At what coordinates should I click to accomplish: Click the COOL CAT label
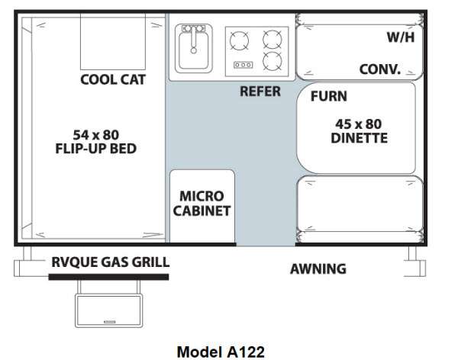tap(113, 79)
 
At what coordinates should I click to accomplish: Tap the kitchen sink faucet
tap(193, 40)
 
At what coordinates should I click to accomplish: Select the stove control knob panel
tap(243, 65)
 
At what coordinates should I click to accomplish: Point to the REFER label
tap(260, 92)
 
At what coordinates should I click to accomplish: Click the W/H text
tap(401, 37)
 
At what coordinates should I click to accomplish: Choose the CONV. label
tap(379, 69)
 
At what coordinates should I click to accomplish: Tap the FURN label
tap(329, 96)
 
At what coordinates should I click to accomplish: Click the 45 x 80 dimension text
tap(359, 124)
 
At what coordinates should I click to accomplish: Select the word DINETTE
tap(359, 138)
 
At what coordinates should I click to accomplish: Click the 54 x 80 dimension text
tap(96, 135)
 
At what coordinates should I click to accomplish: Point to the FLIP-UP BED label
tap(96, 148)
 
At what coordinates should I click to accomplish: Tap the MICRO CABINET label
tap(202, 204)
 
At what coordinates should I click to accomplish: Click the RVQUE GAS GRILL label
tap(111, 262)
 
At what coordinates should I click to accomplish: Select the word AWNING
tap(318, 269)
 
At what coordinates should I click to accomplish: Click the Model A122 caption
tap(221, 352)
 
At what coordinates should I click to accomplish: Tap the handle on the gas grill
tap(109, 322)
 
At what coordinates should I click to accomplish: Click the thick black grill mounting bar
tap(108, 277)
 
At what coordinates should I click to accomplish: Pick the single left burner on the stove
tap(239, 40)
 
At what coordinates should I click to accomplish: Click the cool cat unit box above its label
tap(113, 41)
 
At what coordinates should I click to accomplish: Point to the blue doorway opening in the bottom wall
tap(266, 244)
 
